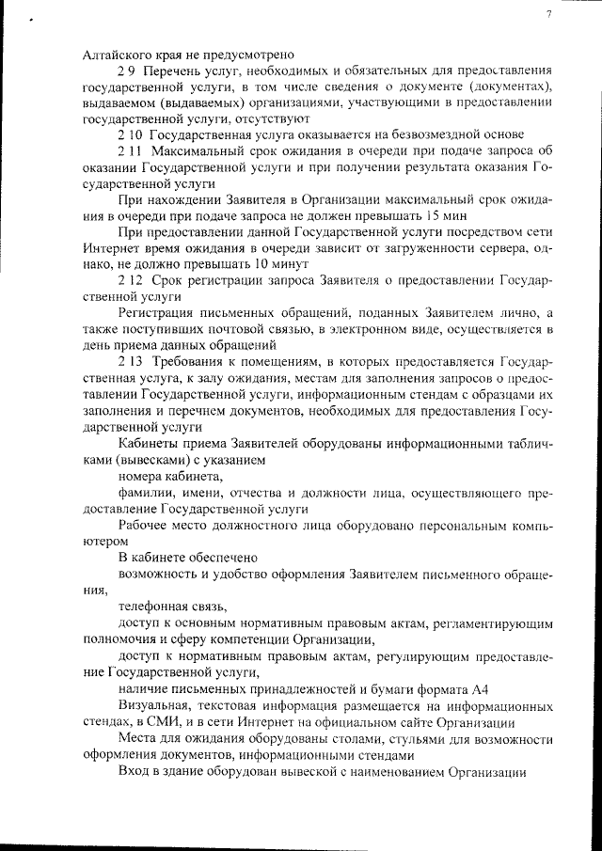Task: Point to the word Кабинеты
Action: (147, 443)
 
